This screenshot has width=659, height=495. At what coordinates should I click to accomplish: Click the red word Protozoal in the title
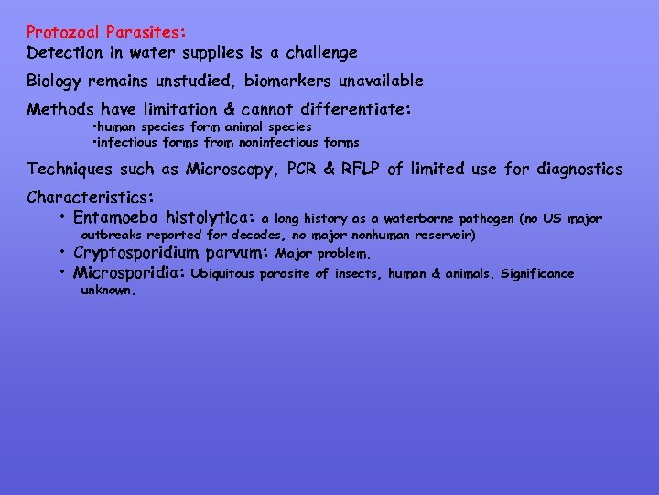click(x=62, y=33)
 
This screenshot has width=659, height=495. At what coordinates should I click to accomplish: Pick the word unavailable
click(x=375, y=81)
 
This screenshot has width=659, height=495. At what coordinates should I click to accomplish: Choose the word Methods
click(x=61, y=110)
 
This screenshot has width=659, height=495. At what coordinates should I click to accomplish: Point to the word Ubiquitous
click(x=226, y=274)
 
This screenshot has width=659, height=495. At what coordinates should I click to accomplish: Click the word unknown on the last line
click(x=108, y=291)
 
